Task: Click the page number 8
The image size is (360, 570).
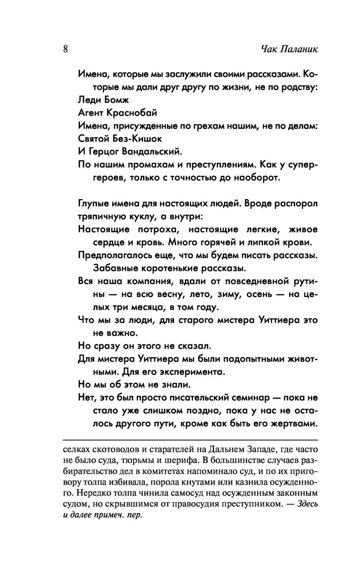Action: (66, 49)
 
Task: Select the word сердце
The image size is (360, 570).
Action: (109, 243)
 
